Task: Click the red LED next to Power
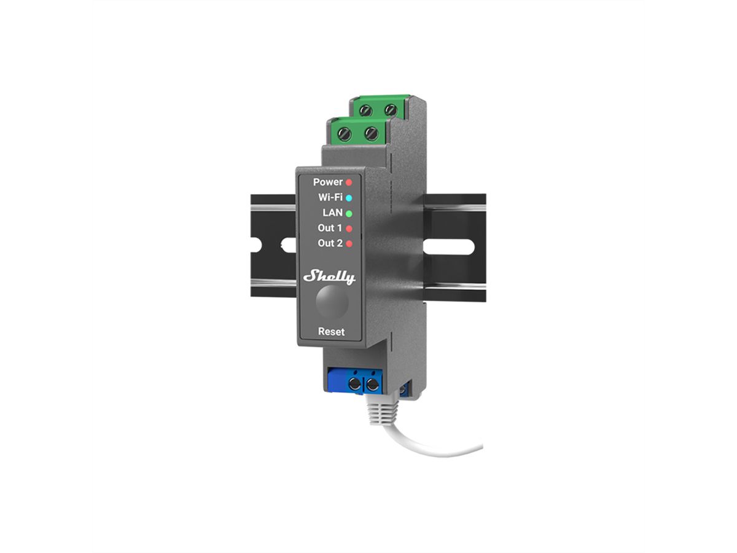[349, 182]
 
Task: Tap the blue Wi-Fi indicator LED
[349, 198]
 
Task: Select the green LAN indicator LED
[349, 213]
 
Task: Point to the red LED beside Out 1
[349, 229]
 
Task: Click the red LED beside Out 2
[349, 244]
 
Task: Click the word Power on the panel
[328, 182]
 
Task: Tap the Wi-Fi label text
[330, 197]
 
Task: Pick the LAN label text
[332, 213]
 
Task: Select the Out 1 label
[330, 228]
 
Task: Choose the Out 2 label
[330, 243]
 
